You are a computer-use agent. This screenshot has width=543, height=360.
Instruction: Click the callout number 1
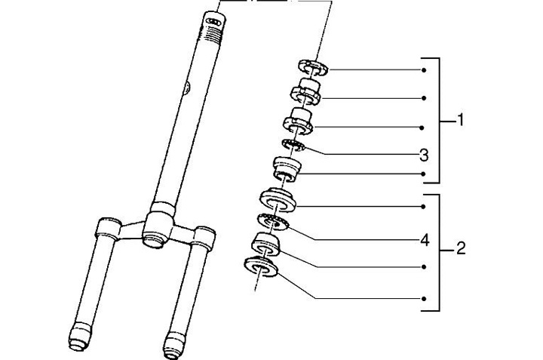click(461, 121)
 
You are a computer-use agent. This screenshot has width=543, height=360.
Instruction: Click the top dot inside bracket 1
click(425, 70)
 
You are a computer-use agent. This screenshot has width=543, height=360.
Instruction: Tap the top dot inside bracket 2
click(425, 206)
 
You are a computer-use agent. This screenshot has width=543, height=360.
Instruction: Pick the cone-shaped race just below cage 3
click(286, 167)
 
